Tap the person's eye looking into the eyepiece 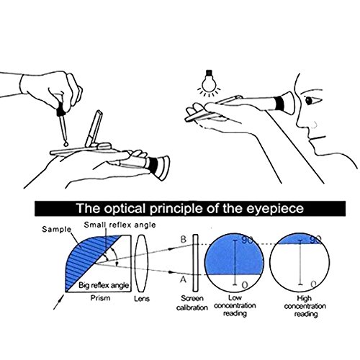(308, 100)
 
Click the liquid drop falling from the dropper (66, 143)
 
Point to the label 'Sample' (57, 229)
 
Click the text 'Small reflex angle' (120, 225)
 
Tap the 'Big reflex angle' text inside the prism (104, 285)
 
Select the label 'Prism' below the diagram (100, 298)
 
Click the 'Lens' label (142, 299)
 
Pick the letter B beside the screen (183, 239)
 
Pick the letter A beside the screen (183, 279)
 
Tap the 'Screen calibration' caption (192, 303)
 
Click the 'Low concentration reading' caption (235, 306)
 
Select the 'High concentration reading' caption (305, 306)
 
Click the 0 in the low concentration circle (244, 285)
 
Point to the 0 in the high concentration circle (313, 284)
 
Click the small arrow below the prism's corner (59, 302)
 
